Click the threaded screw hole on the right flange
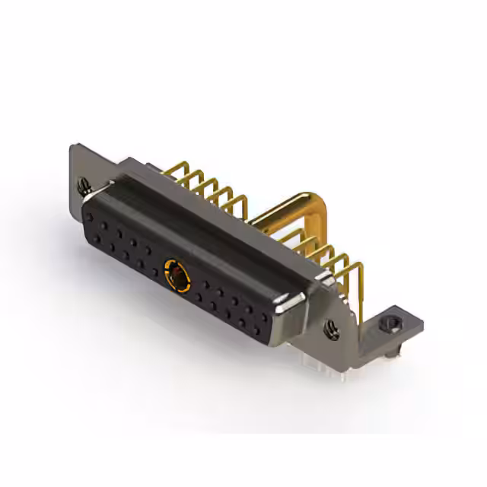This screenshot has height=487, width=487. [332, 329]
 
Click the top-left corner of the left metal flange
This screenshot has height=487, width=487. [73, 145]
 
